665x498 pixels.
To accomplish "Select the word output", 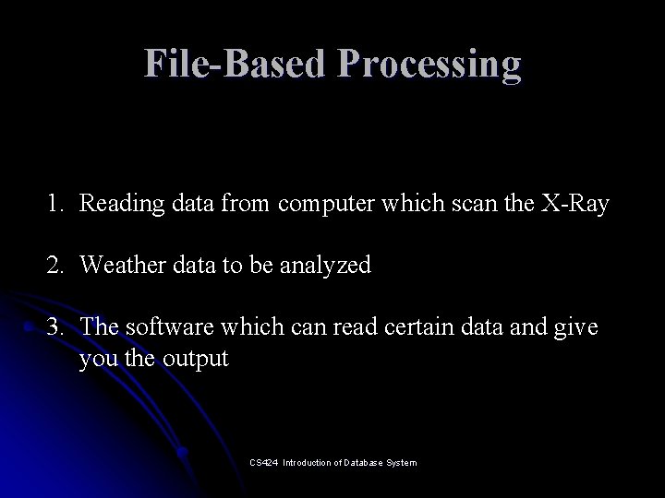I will click(195, 359).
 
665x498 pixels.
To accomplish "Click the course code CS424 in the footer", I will click(262, 462).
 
